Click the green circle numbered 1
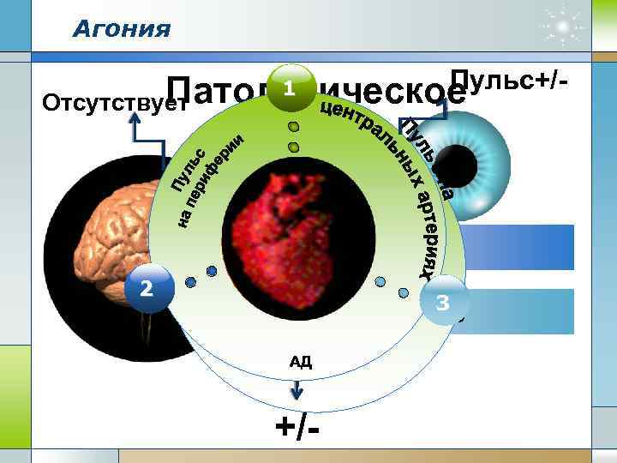(x=291, y=89)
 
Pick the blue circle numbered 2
(x=147, y=289)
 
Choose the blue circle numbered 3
(x=443, y=302)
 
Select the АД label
(x=300, y=362)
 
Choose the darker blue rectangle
(x=523, y=248)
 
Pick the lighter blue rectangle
(x=523, y=310)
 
